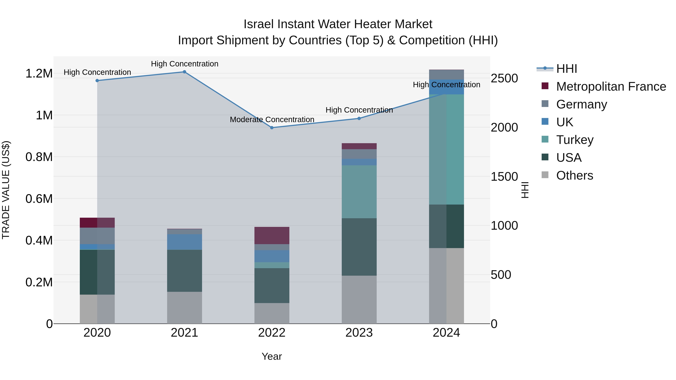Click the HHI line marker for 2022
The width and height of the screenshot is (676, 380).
tap(272, 128)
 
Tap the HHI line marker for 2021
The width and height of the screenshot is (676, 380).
tap(184, 72)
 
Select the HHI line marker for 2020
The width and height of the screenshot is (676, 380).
tap(97, 81)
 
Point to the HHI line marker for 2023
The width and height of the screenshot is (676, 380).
tap(359, 119)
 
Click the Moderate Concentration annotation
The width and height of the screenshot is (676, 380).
tap(272, 120)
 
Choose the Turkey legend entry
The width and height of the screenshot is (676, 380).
tap(575, 140)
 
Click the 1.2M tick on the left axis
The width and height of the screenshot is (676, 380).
tap(39, 73)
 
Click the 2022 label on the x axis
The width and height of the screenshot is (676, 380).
tap(272, 333)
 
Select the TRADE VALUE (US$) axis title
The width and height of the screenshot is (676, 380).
tap(6, 190)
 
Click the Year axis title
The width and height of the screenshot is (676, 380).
tap(272, 356)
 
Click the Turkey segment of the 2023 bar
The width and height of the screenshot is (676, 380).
tap(359, 192)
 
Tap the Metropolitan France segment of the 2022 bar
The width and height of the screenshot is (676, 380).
tap(272, 236)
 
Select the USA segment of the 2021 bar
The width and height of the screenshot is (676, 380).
tap(184, 271)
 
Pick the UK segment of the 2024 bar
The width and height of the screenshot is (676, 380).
tap(446, 87)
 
